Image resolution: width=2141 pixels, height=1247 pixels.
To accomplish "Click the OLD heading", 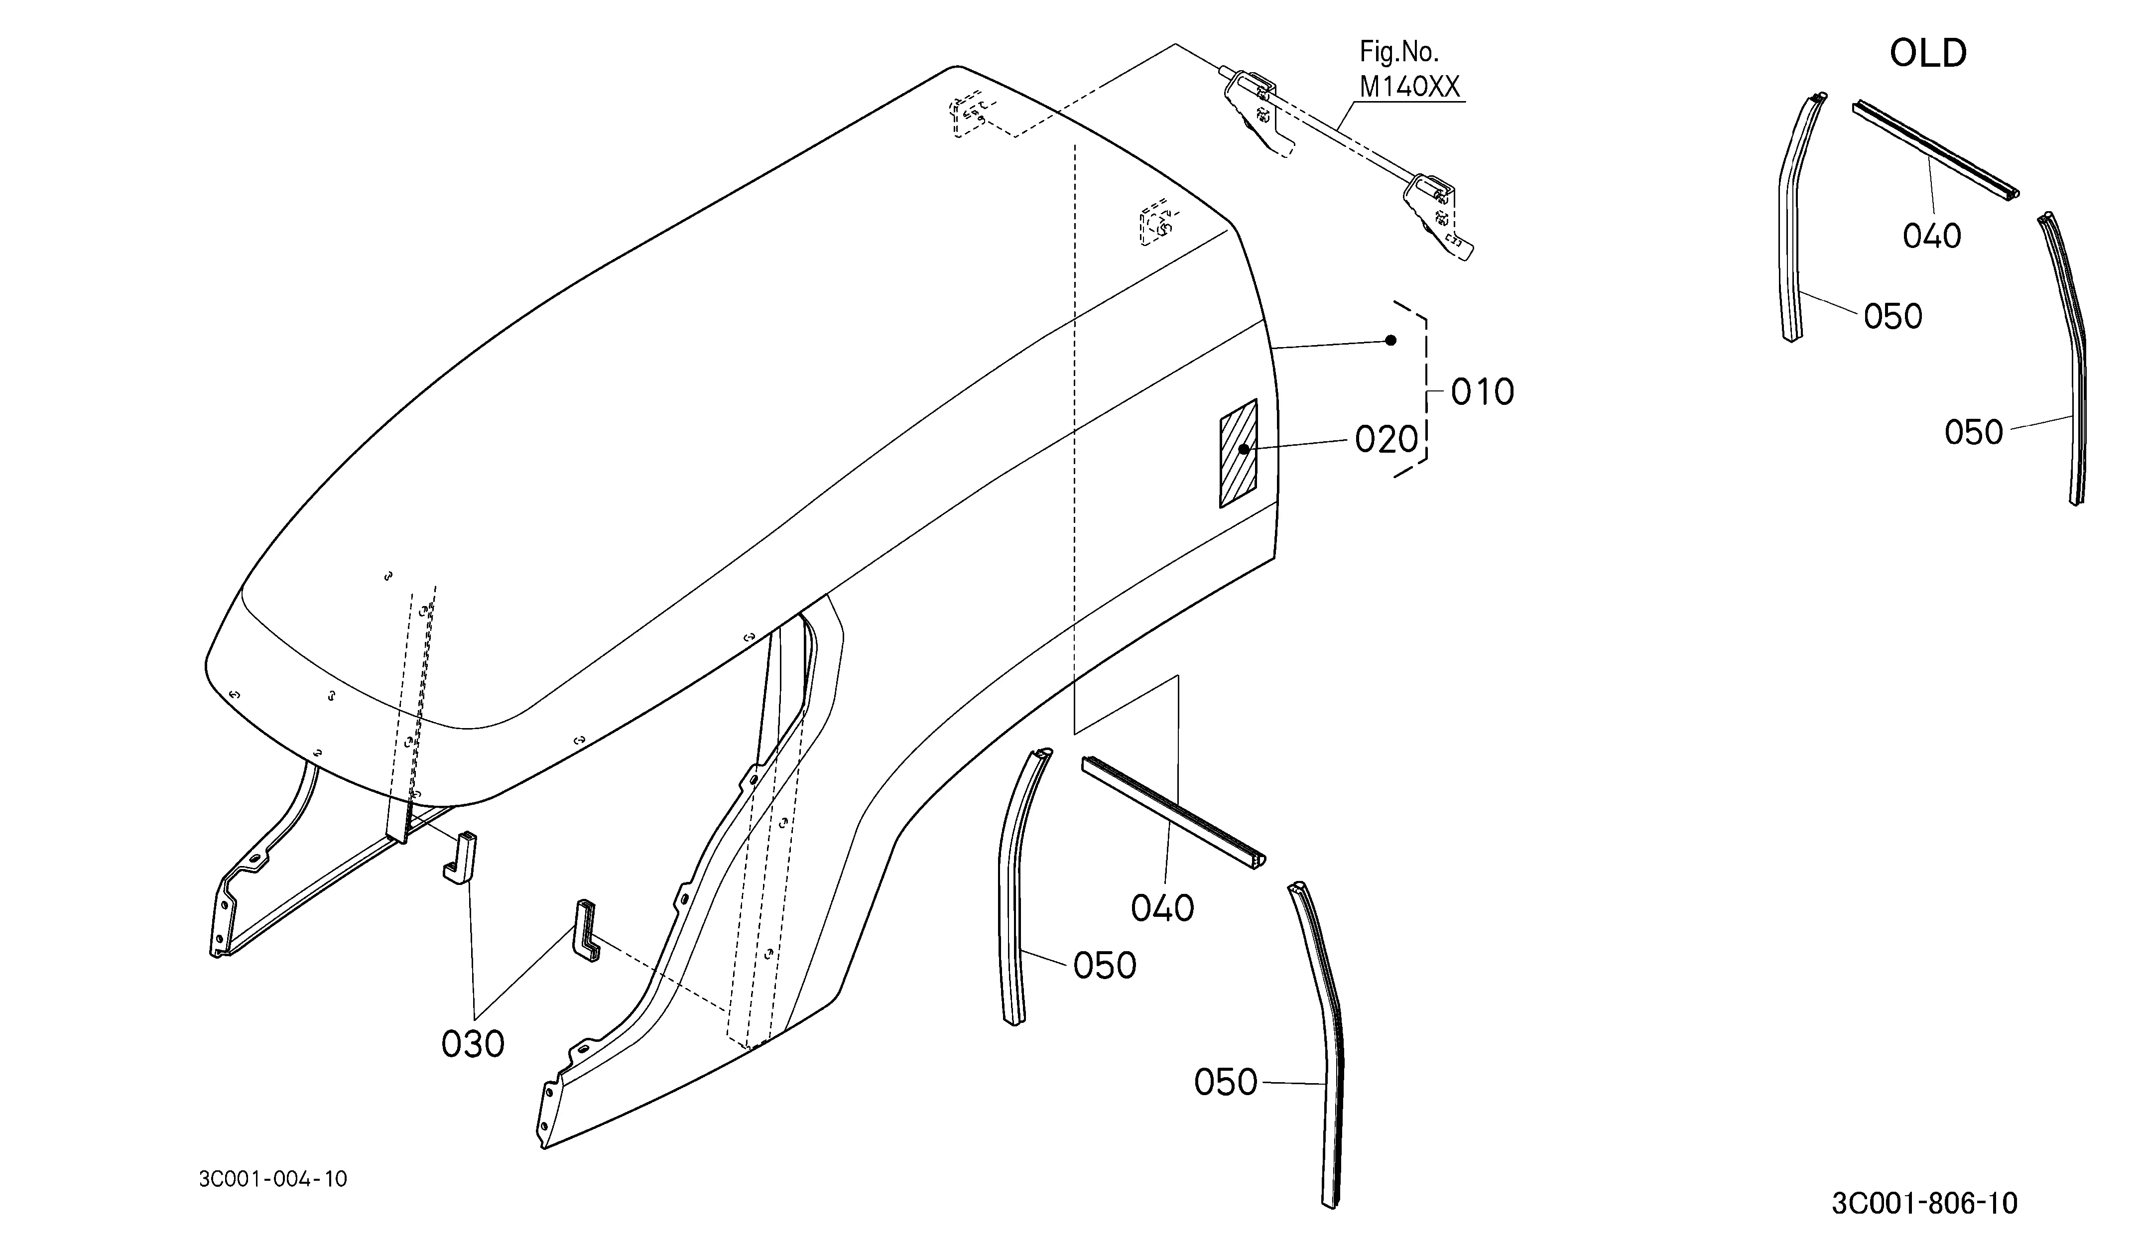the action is [x=1928, y=53].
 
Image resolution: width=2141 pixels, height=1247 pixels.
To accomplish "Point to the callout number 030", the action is [x=473, y=1044].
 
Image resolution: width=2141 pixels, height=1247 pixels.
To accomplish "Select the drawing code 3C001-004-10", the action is [x=273, y=1179].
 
